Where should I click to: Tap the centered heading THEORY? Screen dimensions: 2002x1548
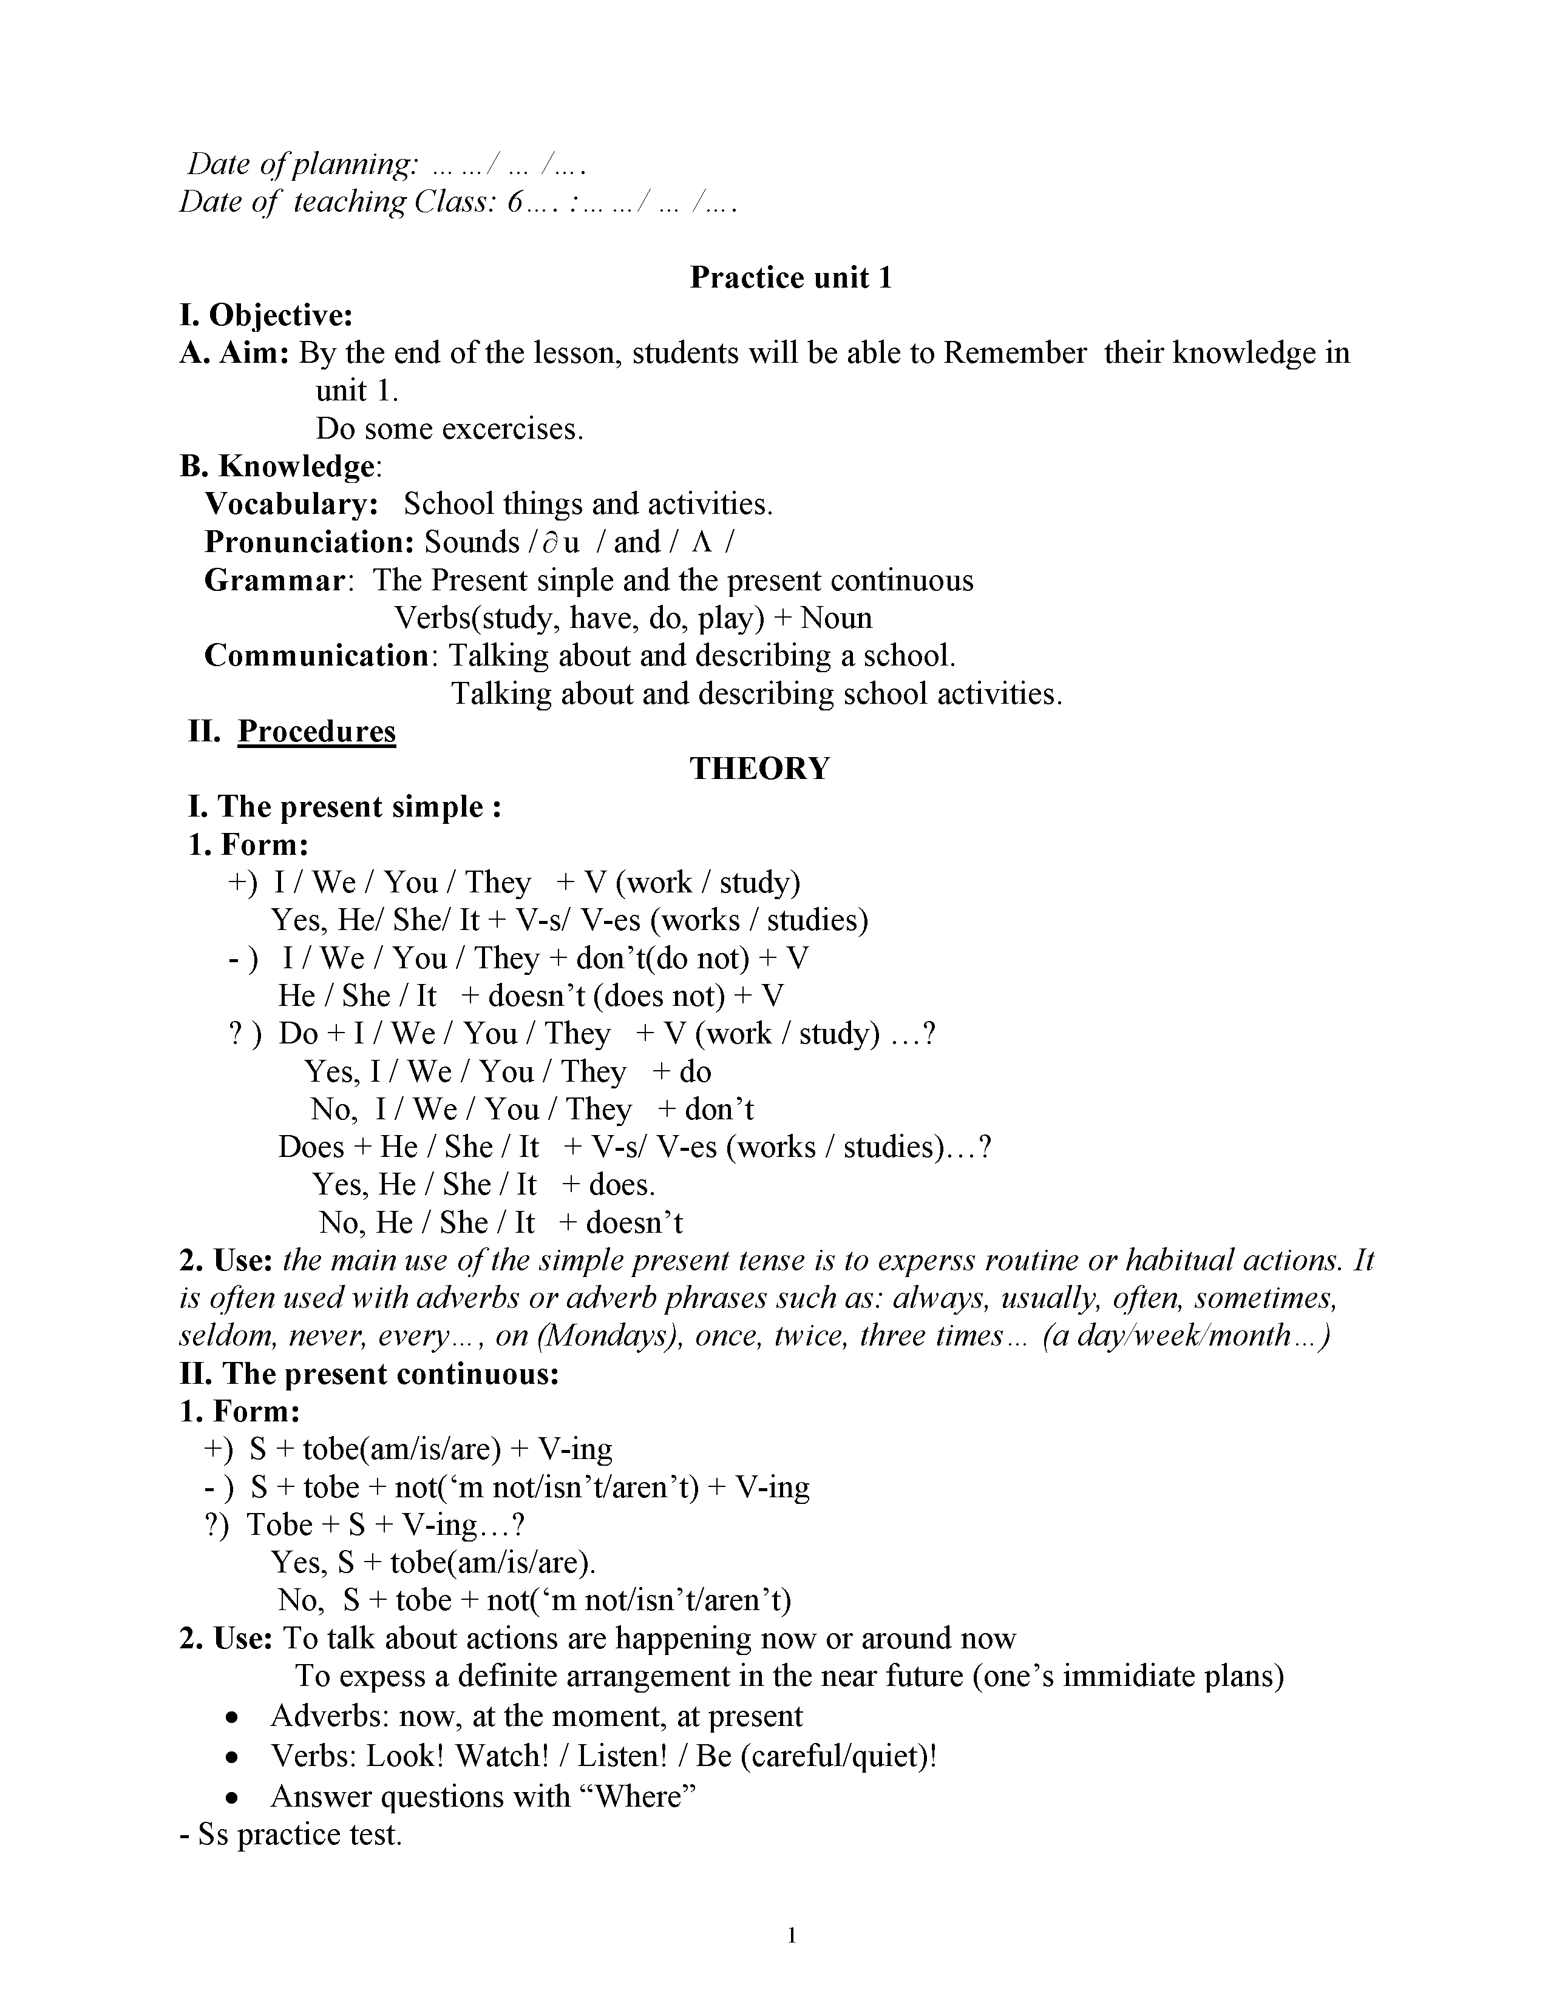[x=759, y=768]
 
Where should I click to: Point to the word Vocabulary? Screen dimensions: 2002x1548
[x=291, y=504]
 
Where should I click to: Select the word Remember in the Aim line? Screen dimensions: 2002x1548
[x=1014, y=353]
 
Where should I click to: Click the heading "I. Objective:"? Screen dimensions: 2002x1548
[x=266, y=315]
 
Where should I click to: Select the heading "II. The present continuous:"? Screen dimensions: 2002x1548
[x=370, y=1374]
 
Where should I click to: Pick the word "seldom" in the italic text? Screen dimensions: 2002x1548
[x=228, y=1336]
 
